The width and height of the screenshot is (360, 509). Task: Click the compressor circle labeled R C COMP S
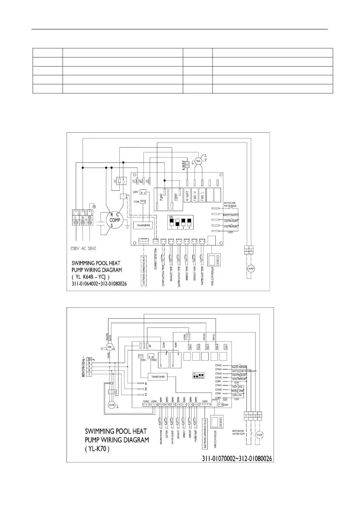tap(115, 220)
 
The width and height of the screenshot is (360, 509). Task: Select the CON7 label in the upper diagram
tap(136, 192)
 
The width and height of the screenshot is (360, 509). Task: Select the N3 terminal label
tap(135, 181)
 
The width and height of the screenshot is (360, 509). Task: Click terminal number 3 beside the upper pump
tap(247, 251)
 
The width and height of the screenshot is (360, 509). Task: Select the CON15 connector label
tap(219, 365)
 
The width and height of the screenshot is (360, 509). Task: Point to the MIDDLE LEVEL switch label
tap(237, 391)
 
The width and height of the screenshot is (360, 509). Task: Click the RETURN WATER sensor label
tap(161, 437)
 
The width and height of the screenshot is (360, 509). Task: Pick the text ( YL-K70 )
tap(97, 449)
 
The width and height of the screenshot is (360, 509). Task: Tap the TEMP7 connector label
tap(196, 399)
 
